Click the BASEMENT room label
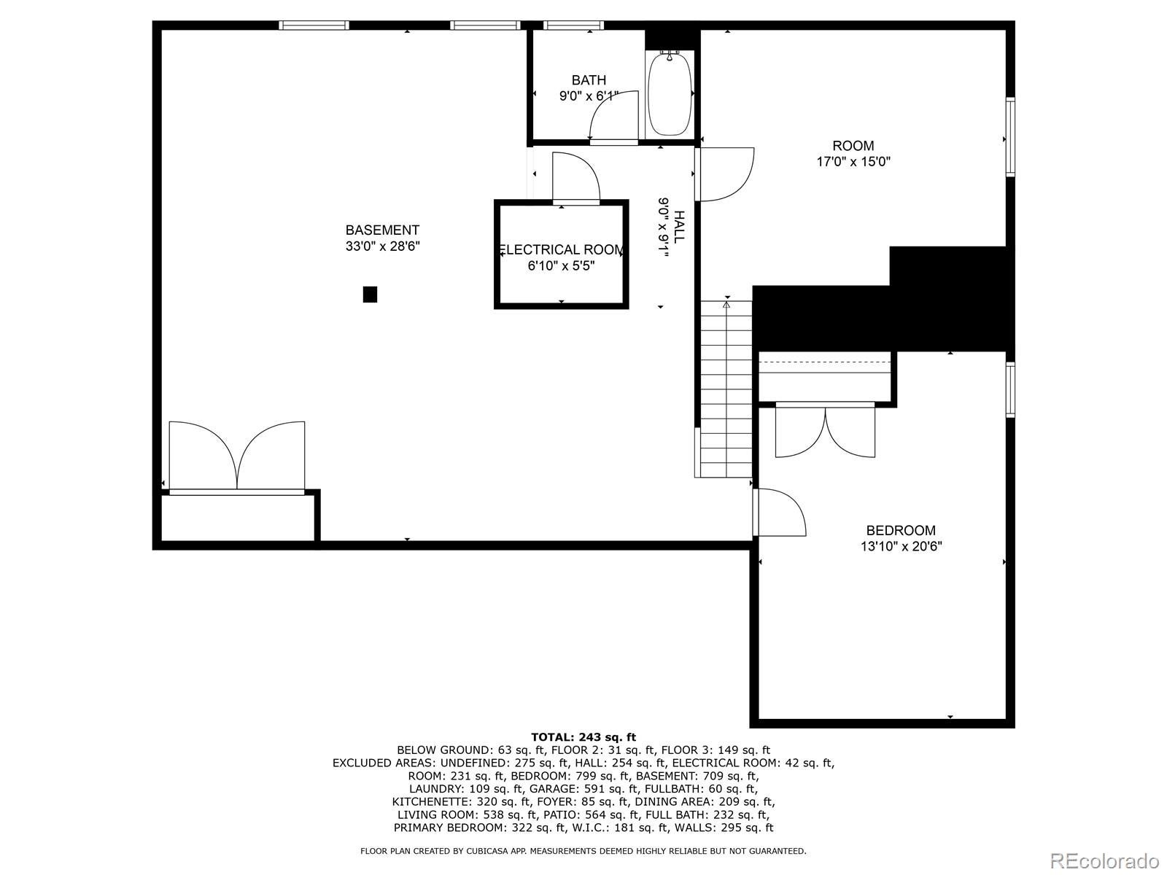tap(382, 230)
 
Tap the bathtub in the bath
tap(670, 94)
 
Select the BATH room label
tap(589, 80)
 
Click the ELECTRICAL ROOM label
tap(561, 250)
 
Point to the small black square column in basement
tap(370, 295)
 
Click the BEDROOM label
tap(901, 530)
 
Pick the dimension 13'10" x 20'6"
tap(901, 546)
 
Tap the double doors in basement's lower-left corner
tap(237, 456)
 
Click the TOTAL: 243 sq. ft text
tap(583, 737)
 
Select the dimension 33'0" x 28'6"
tap(382, 246)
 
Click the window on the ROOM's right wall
tap(1010, 137)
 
